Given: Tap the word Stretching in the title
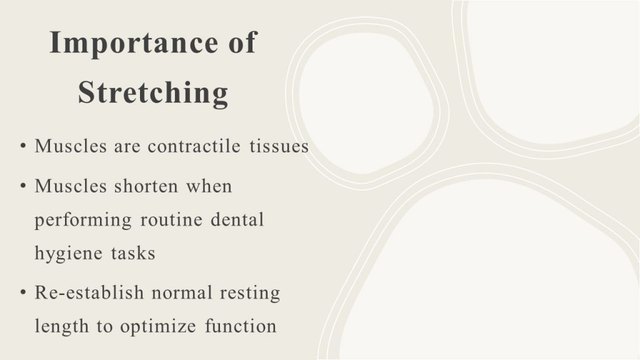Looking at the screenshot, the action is click(x=153, y=92).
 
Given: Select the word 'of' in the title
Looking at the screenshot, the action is click(x=242, y=42).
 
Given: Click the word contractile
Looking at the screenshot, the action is click(x=194, y=146).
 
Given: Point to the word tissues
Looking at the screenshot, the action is click(x=279, y=146).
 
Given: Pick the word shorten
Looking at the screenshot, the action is click(x=146, y=186).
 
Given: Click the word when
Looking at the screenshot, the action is click(x=209, y=186).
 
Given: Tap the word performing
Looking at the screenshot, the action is click(x=83, y=221).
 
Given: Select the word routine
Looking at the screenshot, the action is click(x=171, y=219).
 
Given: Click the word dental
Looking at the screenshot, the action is click(x=237, y=219).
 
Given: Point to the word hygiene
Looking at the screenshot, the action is click(x=69, y=254).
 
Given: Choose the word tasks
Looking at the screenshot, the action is click(x=134, y=253).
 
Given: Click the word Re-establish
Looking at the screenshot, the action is click(x=89, y=292).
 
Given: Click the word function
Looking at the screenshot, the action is click(x=241, y=326).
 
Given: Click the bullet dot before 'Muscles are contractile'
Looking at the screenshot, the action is click(x=23, y=146).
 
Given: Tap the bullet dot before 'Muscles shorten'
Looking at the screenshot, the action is click(x=23, y=186).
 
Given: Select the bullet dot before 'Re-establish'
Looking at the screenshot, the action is click(x=23, y=292).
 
